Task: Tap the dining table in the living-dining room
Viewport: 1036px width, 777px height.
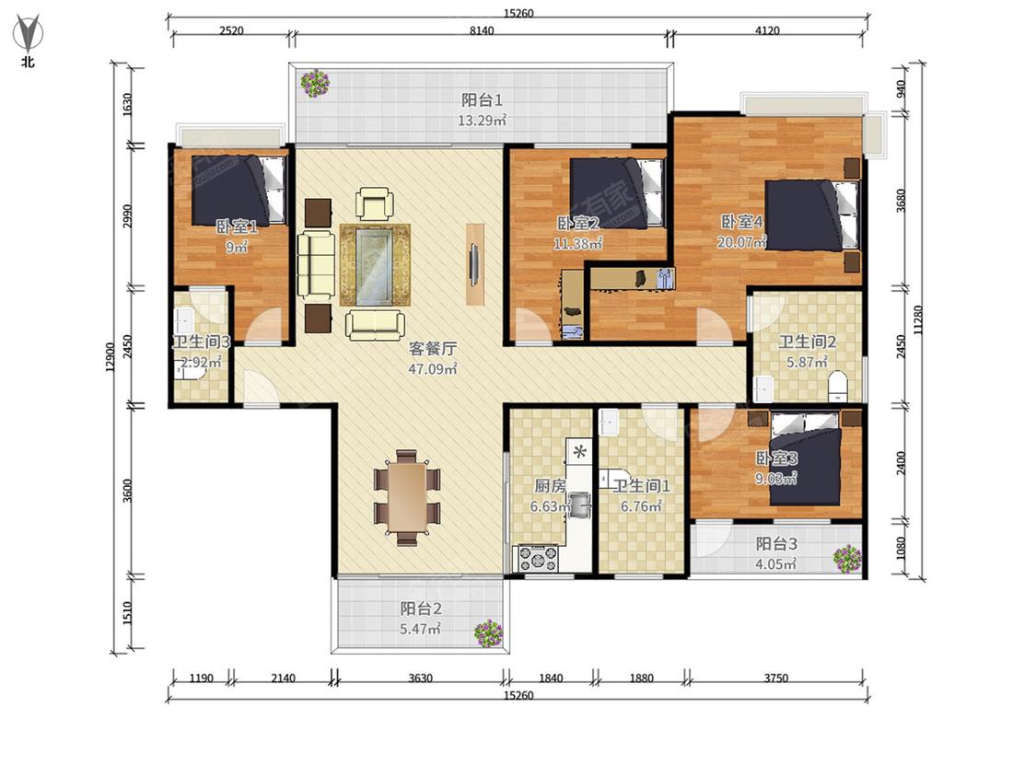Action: pos(406,497)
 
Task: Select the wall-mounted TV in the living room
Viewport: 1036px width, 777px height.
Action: pos(473,264)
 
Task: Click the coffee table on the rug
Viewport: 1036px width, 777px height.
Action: pos(375,265)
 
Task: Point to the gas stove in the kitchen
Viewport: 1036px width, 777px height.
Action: pos(537,558)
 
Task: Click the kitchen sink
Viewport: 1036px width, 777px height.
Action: pos(579,504)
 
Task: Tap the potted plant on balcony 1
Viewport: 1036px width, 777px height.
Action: pos(315,84)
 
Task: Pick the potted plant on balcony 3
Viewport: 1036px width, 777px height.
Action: pos(847,559)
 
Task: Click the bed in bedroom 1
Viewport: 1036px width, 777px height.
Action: pos(239,191)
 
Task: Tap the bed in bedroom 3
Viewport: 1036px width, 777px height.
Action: pos(806,459)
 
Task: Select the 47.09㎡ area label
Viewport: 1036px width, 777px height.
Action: pos(433,368)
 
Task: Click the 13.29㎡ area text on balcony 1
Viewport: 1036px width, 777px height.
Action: pos(483,121)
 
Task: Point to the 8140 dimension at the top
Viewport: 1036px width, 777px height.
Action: pos(481,30)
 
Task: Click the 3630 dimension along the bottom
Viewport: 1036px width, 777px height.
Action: pos(420,678)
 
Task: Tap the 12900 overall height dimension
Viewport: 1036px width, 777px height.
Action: pos(111,357)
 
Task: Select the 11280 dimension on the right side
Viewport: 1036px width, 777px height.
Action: pos(918,319)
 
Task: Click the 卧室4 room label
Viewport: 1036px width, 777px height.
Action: pos(741,222)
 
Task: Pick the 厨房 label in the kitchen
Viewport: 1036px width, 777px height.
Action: pos(551,486)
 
